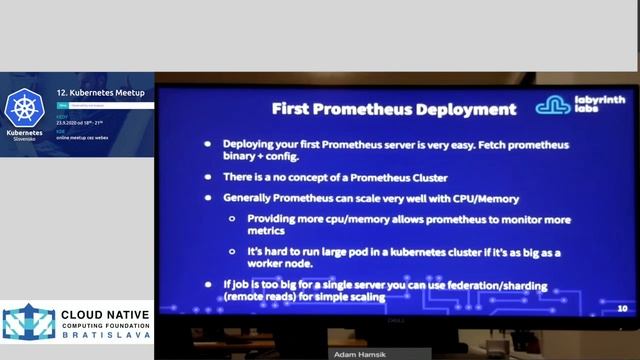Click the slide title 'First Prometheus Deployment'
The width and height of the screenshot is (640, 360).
(394, 109)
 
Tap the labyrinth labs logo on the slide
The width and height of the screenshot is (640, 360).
(580, 105)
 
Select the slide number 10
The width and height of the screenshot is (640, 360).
(622, 309)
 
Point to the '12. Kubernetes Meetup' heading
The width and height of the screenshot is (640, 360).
(100, 93)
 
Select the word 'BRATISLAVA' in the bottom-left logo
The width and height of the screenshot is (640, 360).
(105, 335)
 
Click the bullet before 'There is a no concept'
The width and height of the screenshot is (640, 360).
(208, 177)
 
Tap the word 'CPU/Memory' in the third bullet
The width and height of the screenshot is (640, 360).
(481, 199)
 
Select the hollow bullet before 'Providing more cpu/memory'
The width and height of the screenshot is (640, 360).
(232, 219)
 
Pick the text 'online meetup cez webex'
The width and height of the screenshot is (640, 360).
(95, 137)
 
